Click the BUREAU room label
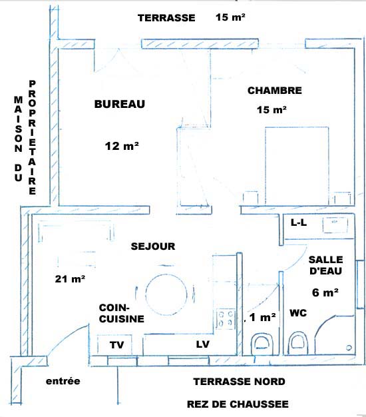[120, 104]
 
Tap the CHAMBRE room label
[275, 91]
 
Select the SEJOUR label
[153, 246]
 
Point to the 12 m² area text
[122, 146]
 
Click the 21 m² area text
[70, 278]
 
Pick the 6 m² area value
[325, 292]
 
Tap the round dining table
[166, 293]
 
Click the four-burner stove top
[226, 318]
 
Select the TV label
[116, 345]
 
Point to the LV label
[203, 344]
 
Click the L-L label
[299, 222]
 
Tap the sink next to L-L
[335, 225]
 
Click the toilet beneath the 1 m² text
[262, 344]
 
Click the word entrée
[63, 381]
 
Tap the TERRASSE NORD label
[240, 382]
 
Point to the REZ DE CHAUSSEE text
[238, 404]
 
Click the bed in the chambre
[297, 167]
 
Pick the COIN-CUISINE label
[121, 313]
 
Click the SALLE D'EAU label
[325, 265]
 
